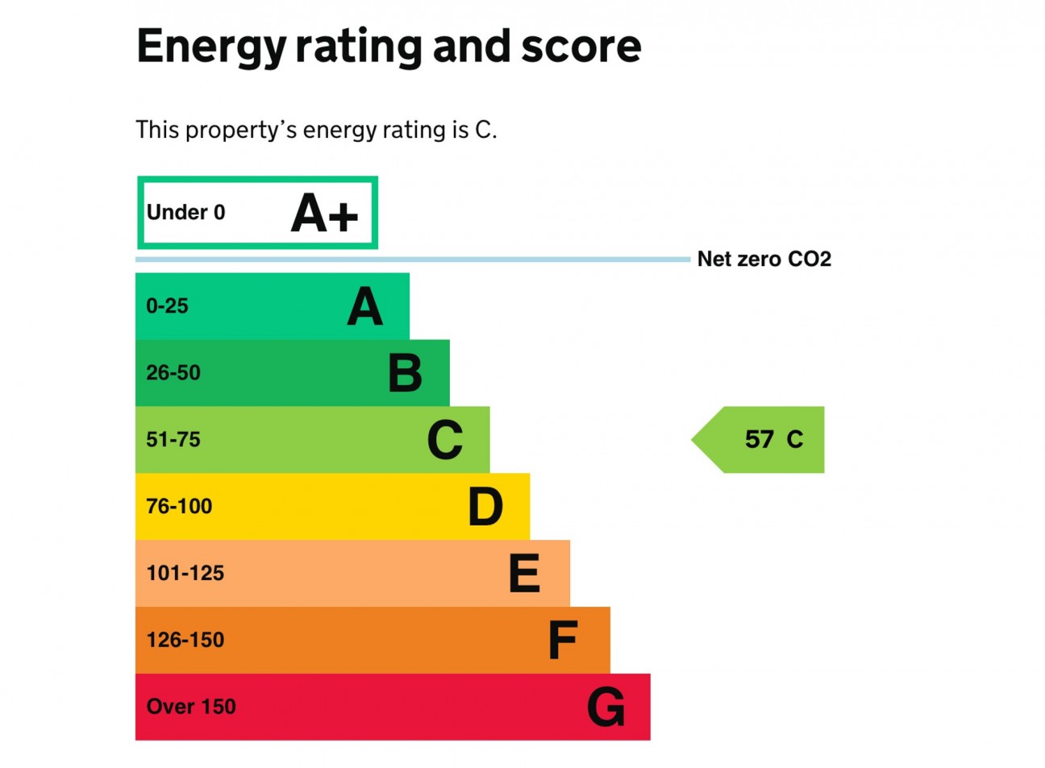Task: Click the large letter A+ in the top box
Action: (x=324, y=214)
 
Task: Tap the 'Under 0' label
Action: (x=185, y=213)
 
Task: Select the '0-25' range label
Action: (x=167, y=306)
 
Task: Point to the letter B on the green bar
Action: (x=405, y=373)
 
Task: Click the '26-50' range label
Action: (x=173, y=373)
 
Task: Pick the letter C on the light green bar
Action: (x=445, y=440)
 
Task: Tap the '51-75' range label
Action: (x=173, y=440)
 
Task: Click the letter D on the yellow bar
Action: (x=485, y=507)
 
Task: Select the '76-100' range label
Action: (x=179, y=507)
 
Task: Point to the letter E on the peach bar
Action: (x=524, y=574)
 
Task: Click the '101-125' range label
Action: (x=185, y=574)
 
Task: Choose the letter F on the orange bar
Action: (x=563, y=641)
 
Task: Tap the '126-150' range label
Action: (x=185, y=641)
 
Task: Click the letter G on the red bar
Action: (x=606, y=708)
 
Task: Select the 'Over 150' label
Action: (x=191, y=707)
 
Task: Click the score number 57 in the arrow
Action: (x=759, y=439)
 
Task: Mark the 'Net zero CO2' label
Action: (x=764, y=259)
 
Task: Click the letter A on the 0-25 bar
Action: (x=364, y=307)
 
